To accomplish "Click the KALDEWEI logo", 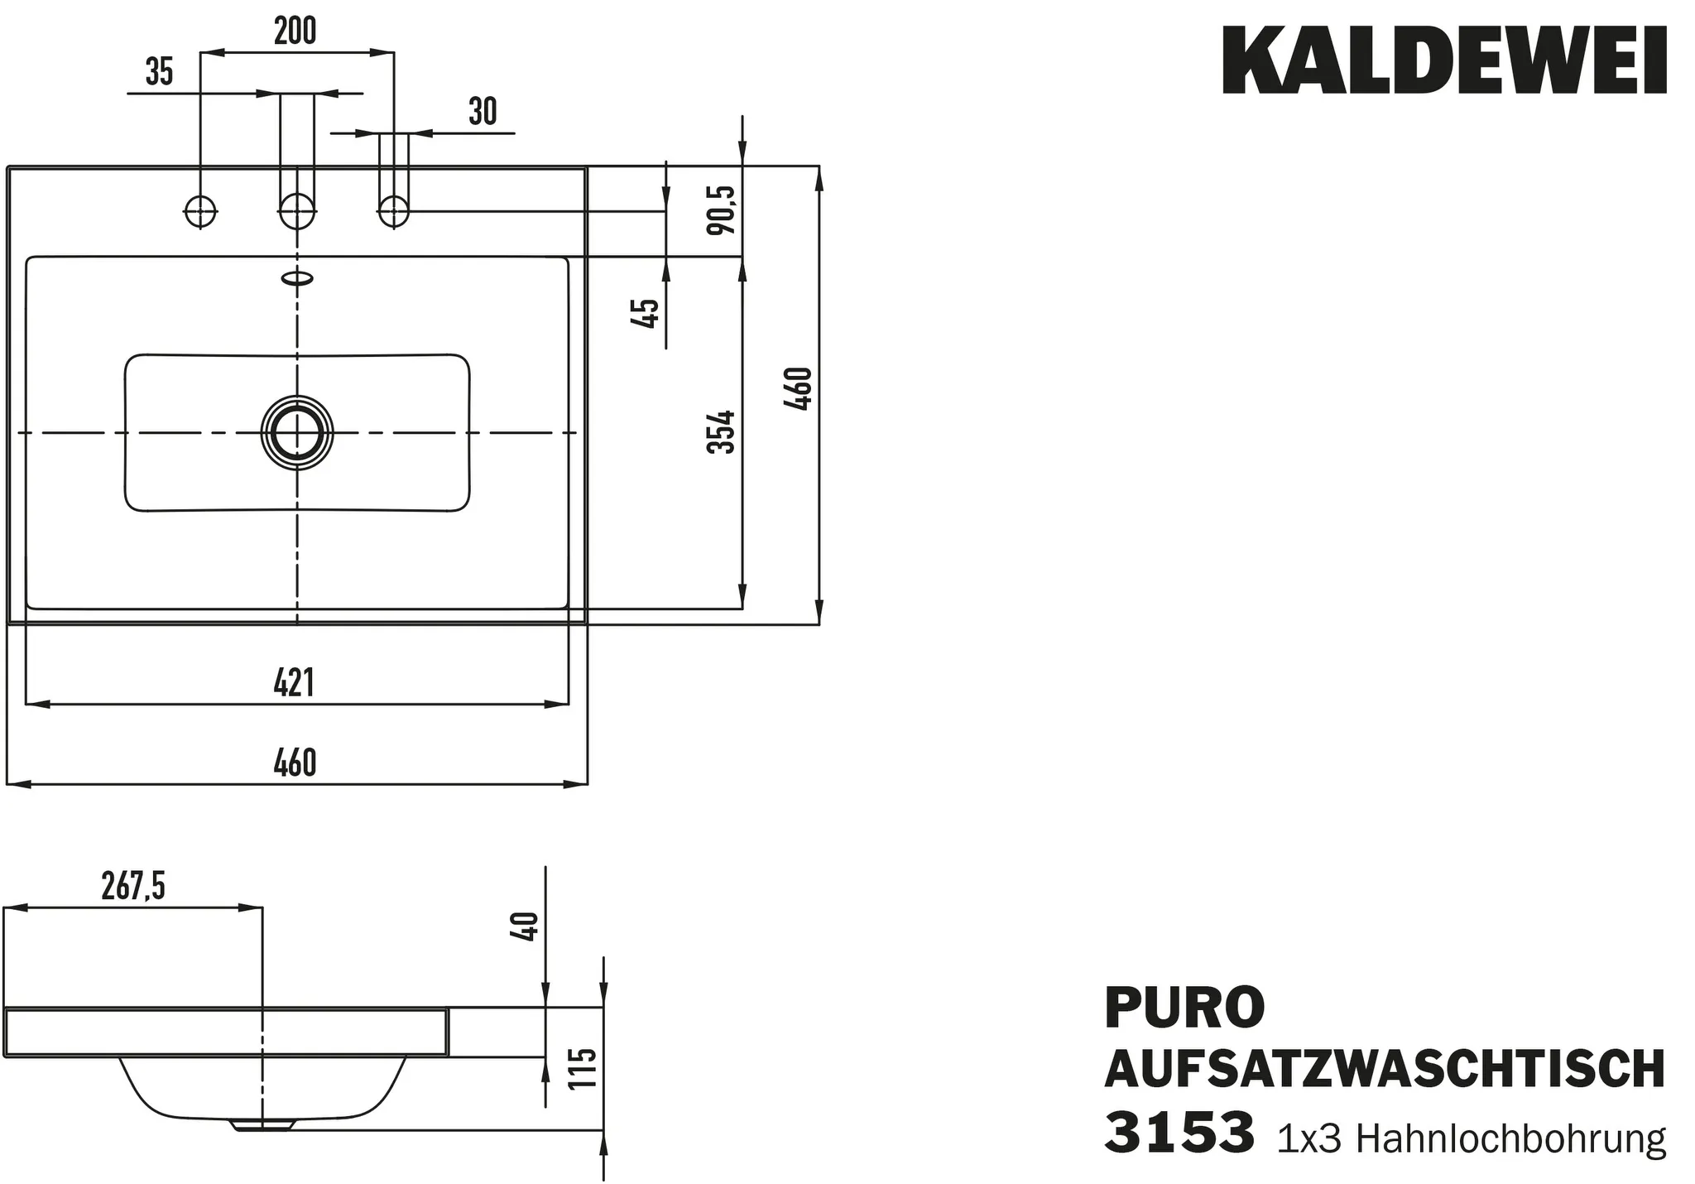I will tap(1444, 61).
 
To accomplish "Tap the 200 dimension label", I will tap(295, 31).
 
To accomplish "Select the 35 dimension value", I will tap(159, 72).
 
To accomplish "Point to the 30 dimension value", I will tap(483, 112).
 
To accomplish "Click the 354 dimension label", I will tap(721, 431).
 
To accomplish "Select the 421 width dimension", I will tap(295, 684).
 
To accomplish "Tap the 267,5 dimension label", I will tap(133, 887).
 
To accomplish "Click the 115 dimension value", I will tap(583, 1069).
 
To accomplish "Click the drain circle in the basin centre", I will tap(296, 432).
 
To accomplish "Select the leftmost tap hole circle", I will tap(199, 212).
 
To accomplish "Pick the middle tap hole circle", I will tap(297, 212).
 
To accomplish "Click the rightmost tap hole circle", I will tap(394, 212).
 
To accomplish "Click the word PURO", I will tap(1184, 1007).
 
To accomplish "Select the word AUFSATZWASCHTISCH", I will tap(1385, 1070).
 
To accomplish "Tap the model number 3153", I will tap(1179, 1133).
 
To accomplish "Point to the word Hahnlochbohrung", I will tap(1510, 1140).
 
